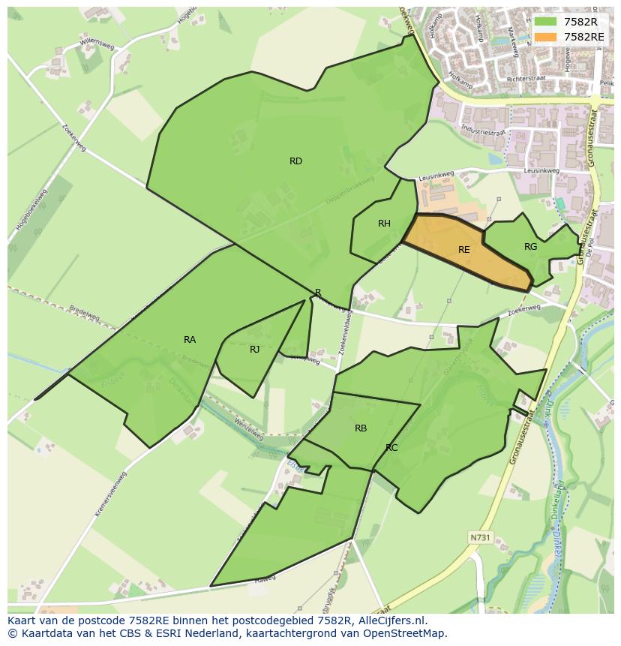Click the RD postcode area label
[x=295, y=161]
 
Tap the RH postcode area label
[x=384, y=224]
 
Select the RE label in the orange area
[x=463, y=250]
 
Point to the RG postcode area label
[x=530, y=247]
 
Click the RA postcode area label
[x=190, y=340]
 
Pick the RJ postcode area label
[x=255, y=350]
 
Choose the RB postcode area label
[x=361, y=428]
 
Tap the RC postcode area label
[x=391, y=448]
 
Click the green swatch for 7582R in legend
[x=546, y=22]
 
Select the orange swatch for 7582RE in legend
[x=546, y=37]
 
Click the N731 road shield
[x=480, y=537]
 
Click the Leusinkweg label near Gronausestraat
[x=541, y=171]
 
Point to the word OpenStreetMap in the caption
[x=404, y=633]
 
